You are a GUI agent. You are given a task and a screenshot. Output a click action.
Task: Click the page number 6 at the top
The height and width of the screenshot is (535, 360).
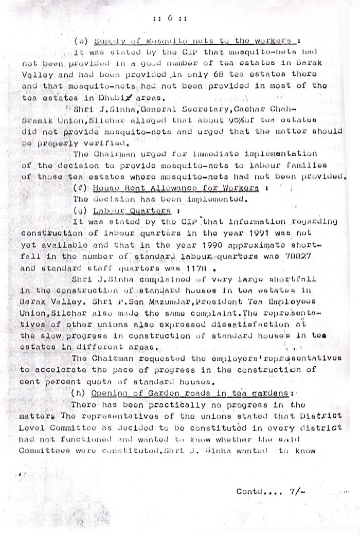click(169, 18)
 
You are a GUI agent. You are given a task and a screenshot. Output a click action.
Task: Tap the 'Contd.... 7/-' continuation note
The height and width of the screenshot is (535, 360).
click(271, 492)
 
